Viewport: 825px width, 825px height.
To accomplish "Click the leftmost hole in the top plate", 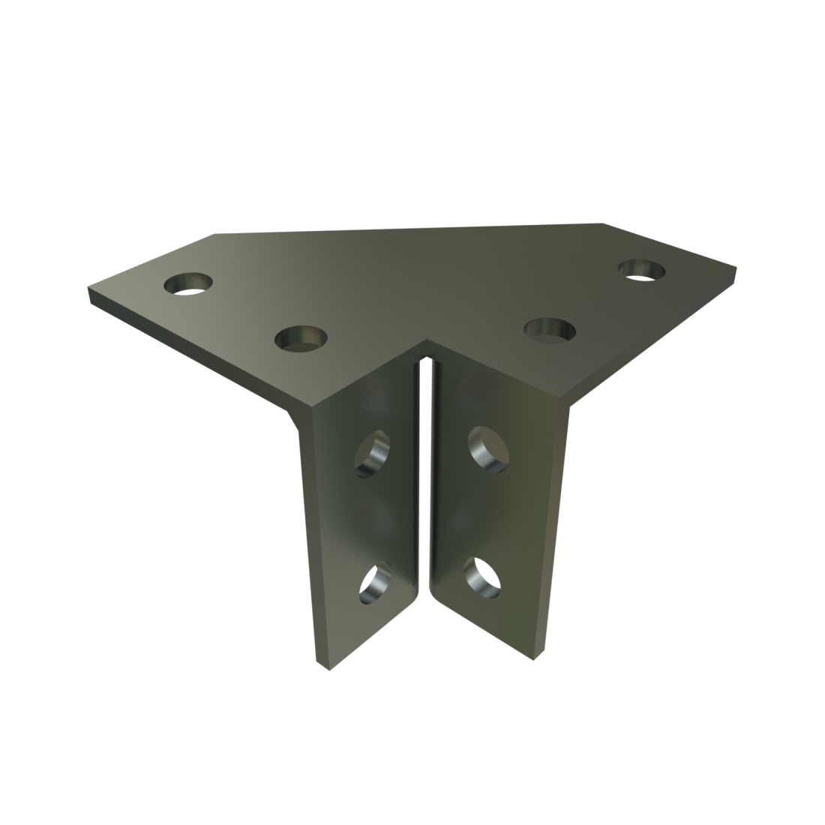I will pos(187,284).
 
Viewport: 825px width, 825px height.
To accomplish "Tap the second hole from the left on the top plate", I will pos(300,339).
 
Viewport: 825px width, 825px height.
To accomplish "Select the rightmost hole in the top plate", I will pos(643,268).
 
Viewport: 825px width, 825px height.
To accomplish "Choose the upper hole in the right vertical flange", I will pos(487,448).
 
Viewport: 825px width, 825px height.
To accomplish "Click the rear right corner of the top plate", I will pos(604,223).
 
